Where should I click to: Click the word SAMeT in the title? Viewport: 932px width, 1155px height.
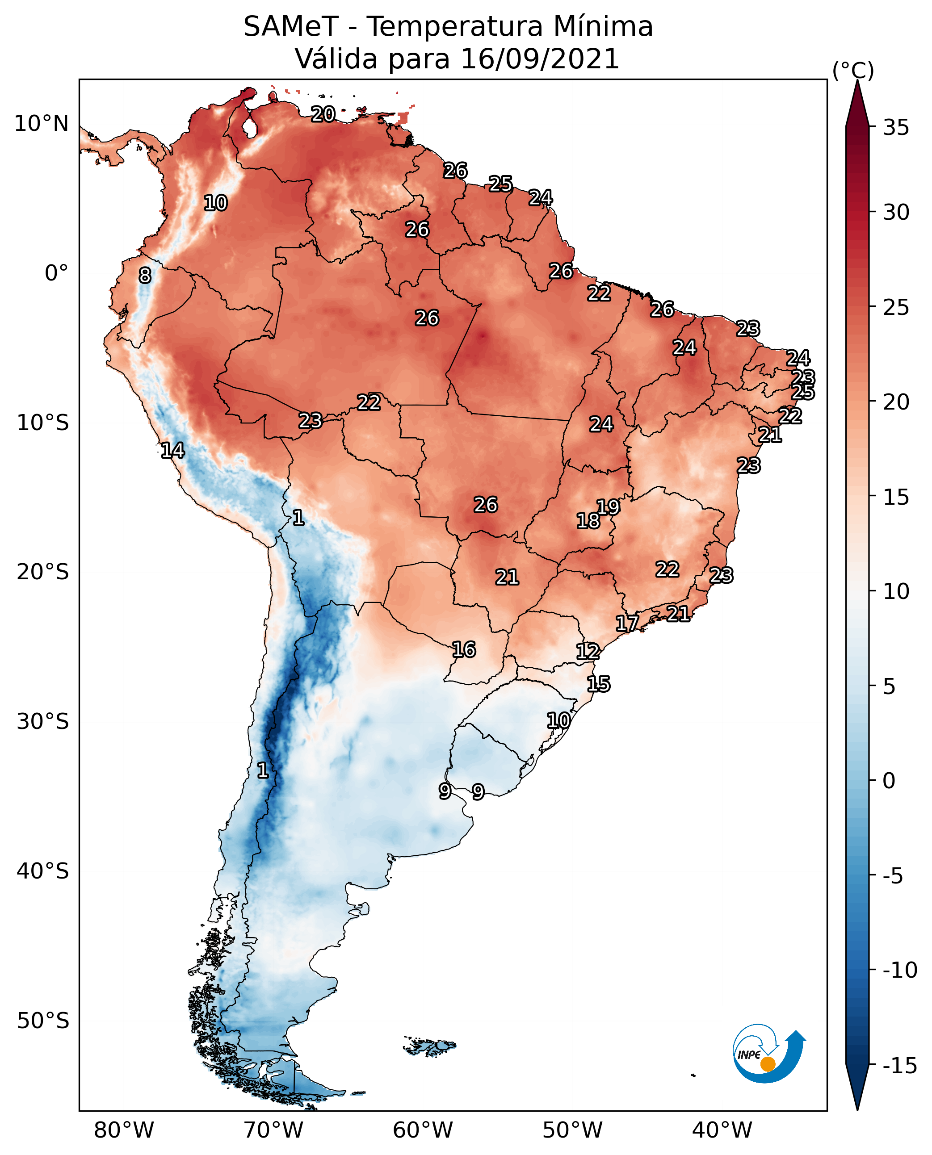coord(290,27)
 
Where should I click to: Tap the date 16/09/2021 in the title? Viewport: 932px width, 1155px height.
coord(540,59)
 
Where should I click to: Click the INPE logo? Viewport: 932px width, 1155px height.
coord(769,1054)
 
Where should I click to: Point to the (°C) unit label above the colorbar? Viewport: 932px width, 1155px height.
coord(852,71)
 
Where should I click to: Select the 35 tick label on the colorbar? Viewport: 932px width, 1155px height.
coord(896,128)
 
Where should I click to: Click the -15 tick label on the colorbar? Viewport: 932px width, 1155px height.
coord(899,1066)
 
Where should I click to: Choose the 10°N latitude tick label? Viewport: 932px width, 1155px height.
coord(42,124)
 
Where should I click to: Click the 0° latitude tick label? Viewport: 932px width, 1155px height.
coord(56,273)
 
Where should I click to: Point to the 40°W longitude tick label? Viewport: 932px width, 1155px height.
coord(722,1130)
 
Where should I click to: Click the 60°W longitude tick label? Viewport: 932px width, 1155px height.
coord(423,1130)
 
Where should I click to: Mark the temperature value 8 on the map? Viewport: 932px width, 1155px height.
coord(145,276)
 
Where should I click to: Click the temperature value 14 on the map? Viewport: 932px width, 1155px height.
coord(172,450)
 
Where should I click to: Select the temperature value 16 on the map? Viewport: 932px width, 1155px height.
coord(463,650)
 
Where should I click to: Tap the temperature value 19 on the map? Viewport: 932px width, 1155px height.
coord(608,506)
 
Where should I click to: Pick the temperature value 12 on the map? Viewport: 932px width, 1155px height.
coord(588,652)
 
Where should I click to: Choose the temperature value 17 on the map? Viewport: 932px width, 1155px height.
coord(626,624)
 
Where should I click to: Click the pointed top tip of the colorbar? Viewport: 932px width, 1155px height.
coord(857,82)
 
